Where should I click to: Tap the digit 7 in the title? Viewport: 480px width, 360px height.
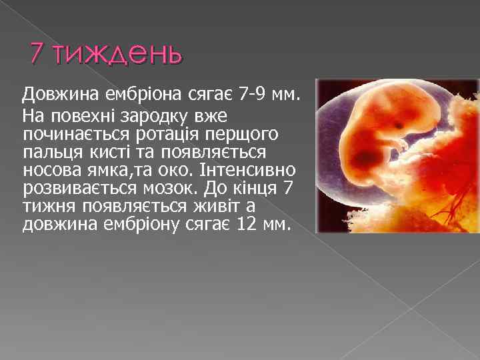pos(37,53)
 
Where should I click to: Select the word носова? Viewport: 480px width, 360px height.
pos(48,169)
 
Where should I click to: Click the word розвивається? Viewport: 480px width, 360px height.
pos(69,187)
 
